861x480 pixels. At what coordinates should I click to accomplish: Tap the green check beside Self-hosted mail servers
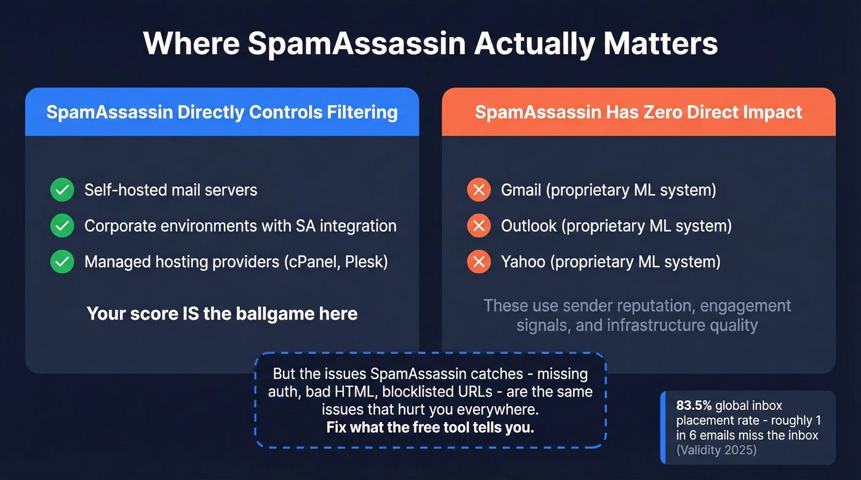62,190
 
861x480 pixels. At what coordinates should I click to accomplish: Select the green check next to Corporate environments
62,226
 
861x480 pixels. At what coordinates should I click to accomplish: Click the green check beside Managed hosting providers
62,262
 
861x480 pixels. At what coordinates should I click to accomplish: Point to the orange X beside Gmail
478,190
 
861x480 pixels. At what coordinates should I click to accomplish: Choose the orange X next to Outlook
478,226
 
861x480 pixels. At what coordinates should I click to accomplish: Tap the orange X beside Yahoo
478,262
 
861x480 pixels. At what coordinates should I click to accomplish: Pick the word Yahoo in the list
523,262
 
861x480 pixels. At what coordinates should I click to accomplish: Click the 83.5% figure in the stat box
694,406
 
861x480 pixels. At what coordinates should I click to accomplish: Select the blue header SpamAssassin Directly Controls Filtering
221,112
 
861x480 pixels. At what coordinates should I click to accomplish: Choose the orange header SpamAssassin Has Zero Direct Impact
638,112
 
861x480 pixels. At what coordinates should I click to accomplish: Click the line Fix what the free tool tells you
430,428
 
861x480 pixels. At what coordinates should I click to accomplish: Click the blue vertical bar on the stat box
663,428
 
